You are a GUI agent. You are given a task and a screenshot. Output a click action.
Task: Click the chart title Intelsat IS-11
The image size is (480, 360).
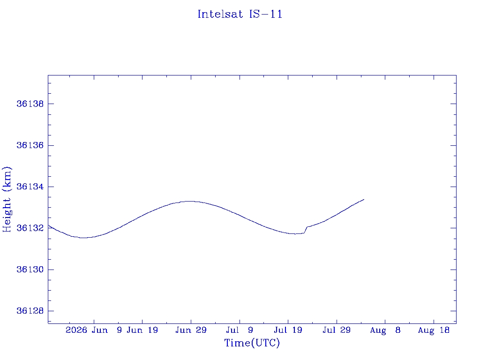pos(240,14)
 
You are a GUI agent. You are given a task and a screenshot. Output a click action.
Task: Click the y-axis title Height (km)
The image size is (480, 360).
pos(7,199)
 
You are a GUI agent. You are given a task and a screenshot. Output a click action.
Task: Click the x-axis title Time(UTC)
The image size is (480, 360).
pos(252,343)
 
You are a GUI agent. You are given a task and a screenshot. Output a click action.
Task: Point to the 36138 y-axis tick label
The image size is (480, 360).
pos(30,104)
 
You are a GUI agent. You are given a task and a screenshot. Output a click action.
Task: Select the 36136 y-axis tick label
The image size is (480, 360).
pos(30,145)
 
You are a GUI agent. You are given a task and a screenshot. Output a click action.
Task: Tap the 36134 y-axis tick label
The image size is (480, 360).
pos(30,187)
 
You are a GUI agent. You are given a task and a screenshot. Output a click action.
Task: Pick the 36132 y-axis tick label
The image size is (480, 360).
pos(30,228)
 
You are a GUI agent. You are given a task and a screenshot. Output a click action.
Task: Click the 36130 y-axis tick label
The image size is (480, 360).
pos(30,270)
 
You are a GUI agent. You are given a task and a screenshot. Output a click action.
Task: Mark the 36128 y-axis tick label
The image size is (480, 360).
pos(30,311)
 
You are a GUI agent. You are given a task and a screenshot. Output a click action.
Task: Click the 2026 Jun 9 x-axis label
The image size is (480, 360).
pos(94,330)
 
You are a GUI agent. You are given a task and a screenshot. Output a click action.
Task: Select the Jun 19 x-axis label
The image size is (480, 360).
pos(142,330)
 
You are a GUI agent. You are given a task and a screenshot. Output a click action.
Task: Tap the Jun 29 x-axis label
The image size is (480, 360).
pos(191,330)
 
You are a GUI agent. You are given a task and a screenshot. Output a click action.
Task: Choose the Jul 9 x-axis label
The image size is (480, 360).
pos(240,330)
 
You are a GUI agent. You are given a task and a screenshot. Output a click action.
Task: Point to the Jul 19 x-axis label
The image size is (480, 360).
pos(288,330)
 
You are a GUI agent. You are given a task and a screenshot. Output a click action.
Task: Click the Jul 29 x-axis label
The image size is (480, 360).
pos(337,330)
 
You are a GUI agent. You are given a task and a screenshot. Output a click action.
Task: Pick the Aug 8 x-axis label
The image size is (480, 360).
pos(385,330)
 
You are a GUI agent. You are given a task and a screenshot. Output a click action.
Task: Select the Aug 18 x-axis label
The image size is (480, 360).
pos(434,330)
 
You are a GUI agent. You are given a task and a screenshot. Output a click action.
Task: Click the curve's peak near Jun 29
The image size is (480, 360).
pos(190,201)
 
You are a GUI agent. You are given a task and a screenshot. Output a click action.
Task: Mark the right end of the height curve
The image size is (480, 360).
pos(364,199)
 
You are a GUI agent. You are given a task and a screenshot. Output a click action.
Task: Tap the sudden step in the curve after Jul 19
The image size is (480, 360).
pos(306,230)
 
